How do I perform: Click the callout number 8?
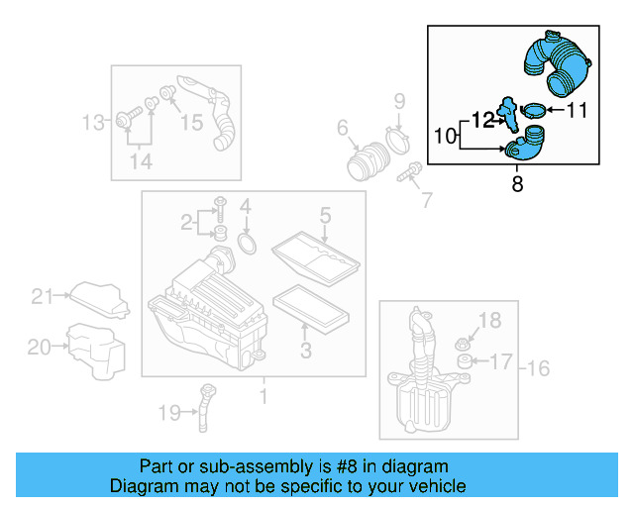[x=516, y=183]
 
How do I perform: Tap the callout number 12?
[x=483, y=120]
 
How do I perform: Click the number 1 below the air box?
[x=264, y=397]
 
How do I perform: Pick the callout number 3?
[x=306, y=350]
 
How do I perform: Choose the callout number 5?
[x=324, y=214]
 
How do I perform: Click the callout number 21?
[x=40, y=295]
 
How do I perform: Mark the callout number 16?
[x=537, y=369]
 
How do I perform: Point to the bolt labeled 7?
[x=406, y=177]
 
